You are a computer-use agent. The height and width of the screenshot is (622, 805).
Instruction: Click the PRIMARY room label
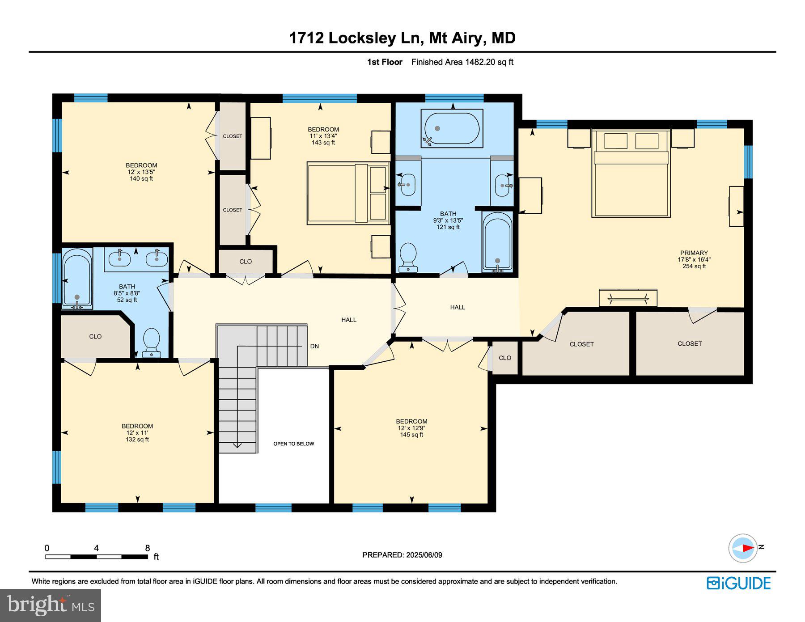coord(694,253)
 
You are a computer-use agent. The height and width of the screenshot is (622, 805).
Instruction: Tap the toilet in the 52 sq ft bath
coord(151,342)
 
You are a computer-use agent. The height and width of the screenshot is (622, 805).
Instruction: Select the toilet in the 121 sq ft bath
coord(408,257)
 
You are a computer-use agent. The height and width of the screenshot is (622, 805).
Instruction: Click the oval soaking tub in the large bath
coord(452,128)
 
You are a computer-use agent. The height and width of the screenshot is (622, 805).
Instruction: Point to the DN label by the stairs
coord(314,346)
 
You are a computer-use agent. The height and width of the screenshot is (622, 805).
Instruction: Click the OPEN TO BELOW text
coord(293,444)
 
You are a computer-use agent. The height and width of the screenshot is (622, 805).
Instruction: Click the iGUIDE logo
coord(738,583)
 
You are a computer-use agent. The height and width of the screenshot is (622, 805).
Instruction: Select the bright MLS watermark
coord(51,605)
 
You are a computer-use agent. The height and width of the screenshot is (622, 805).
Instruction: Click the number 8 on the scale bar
coord(148,548)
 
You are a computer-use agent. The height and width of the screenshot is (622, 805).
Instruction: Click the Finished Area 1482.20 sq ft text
coord(462,62)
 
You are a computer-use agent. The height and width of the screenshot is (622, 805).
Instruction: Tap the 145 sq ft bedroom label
coord(411,435)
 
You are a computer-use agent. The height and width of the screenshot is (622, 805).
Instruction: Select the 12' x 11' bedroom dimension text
coord(137,433)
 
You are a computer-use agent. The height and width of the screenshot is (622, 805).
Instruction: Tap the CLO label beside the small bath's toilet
coord(95,336)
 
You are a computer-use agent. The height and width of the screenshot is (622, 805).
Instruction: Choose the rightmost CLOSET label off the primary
coord(689,343)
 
